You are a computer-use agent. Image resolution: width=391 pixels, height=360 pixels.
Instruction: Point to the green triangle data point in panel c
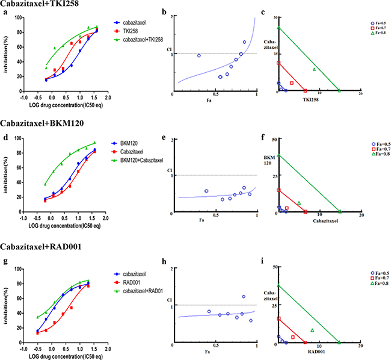[313, 69]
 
